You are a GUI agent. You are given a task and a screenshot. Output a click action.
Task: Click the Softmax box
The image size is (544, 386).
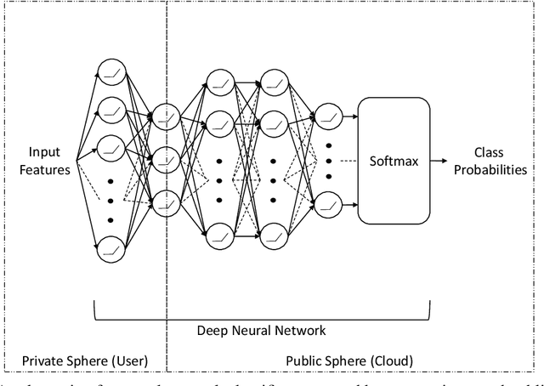(x=393, y=160)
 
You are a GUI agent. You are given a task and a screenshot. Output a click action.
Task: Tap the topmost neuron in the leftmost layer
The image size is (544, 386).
(x=110, y=72)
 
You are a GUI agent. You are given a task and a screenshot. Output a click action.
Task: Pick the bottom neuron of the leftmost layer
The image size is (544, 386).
(x=110, y=248)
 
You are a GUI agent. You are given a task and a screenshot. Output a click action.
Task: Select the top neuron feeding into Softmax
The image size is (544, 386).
(x=328, y=117)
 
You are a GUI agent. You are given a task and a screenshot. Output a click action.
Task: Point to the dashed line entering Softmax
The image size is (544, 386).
(x=346, y=160)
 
